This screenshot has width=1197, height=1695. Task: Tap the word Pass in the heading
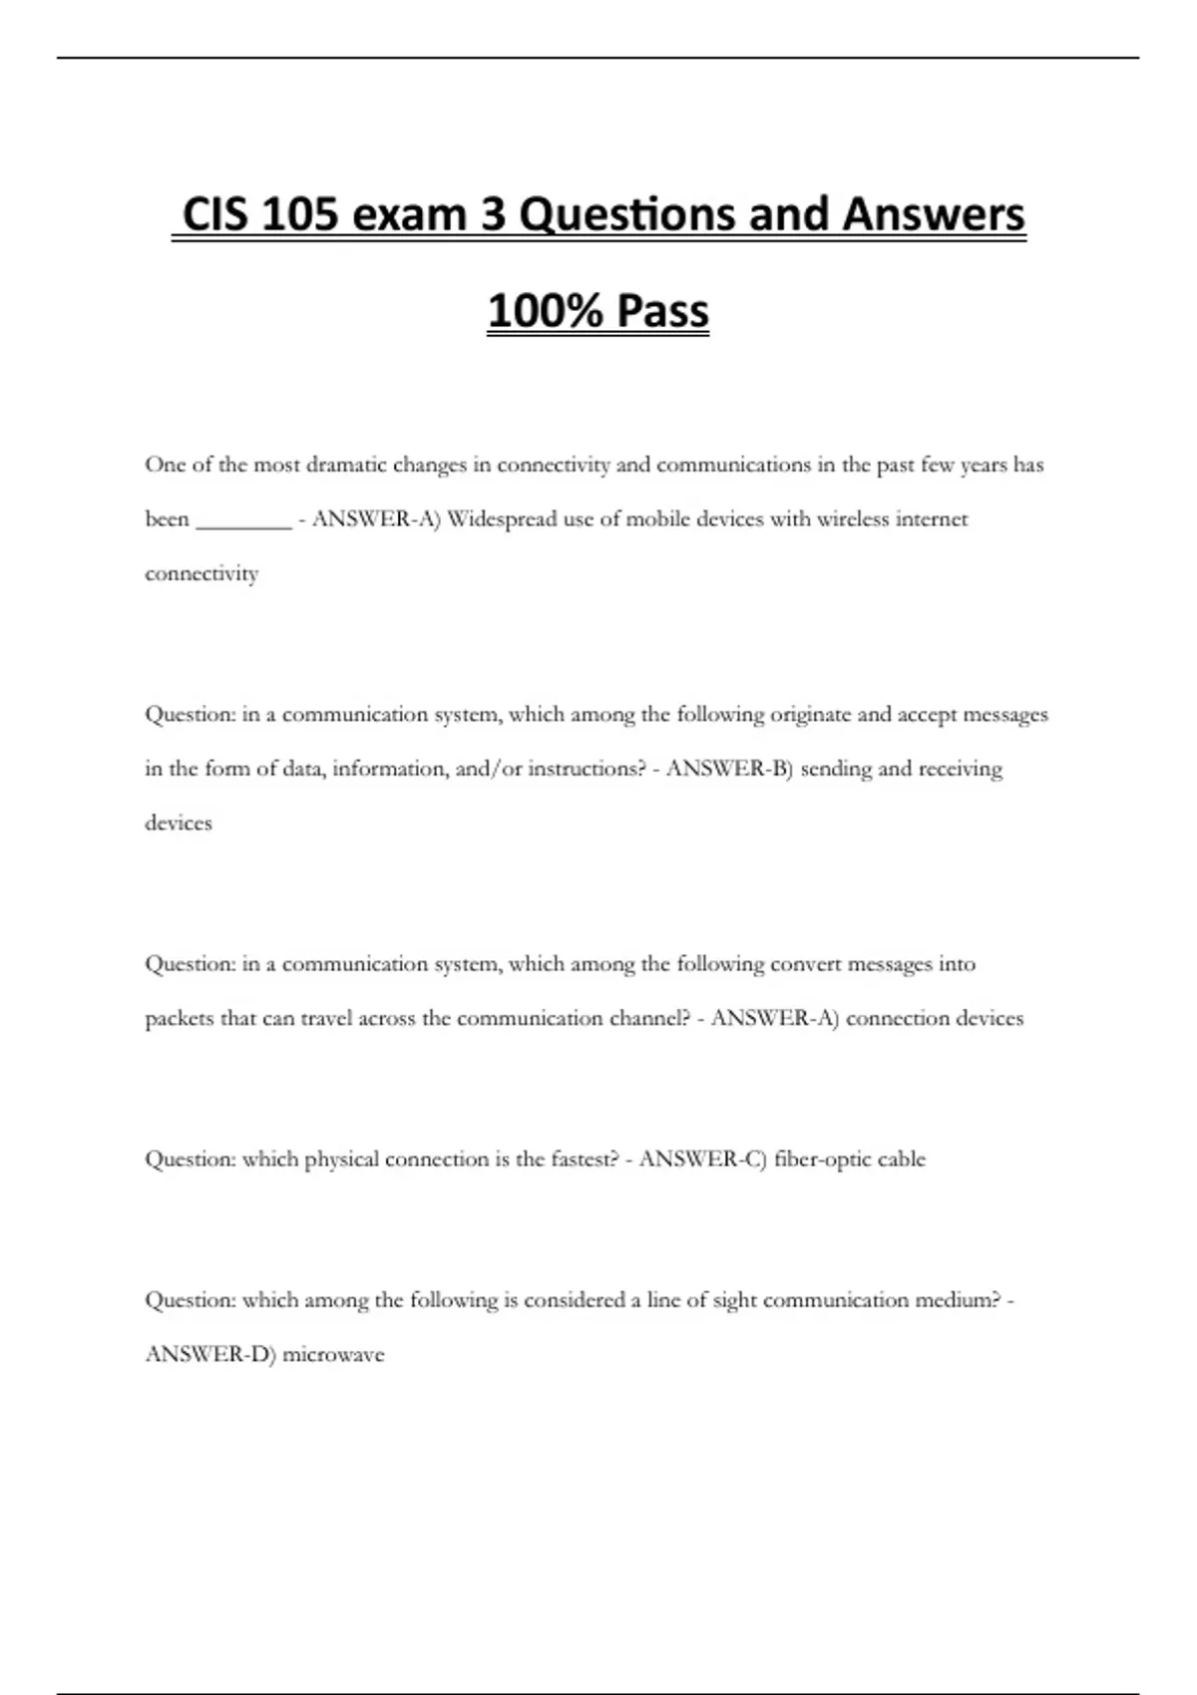tap(662, 310)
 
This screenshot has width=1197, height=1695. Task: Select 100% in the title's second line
tap(545, 310)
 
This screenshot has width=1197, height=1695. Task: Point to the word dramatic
tap(346, 465)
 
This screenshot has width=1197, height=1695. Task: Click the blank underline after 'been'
tap(243, 519)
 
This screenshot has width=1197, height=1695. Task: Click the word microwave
tap(333, 1355)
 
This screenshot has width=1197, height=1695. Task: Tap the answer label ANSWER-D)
tap(210, 1355)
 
